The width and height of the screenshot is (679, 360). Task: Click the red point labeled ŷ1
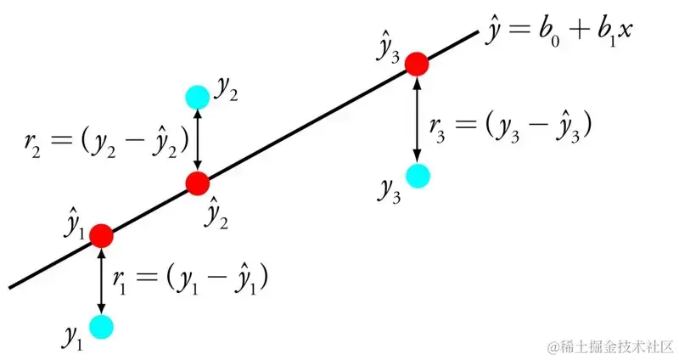[x=101, y=235]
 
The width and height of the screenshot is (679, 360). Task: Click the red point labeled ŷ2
[x=198, y=182]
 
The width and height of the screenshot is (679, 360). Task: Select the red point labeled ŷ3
[x=417, y=64]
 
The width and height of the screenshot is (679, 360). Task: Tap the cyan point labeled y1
[x=101, y=326]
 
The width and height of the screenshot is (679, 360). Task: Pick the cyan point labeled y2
[x=198, y=97]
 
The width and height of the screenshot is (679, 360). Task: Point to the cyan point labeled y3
[x=417, y=176]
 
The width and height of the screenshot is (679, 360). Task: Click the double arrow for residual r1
[x=101, y=280]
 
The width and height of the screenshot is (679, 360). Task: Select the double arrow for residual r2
[x=198, y=139]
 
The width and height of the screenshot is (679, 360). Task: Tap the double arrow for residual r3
[x=417, y=120]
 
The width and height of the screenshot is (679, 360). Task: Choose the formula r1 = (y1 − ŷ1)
[x=190, y=277]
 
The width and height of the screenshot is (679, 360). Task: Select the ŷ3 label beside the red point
[x=390, y=48]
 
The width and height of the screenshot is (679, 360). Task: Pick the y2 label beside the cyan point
[x=225, y=90]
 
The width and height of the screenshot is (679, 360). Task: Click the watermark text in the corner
[x=610, y=346]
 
